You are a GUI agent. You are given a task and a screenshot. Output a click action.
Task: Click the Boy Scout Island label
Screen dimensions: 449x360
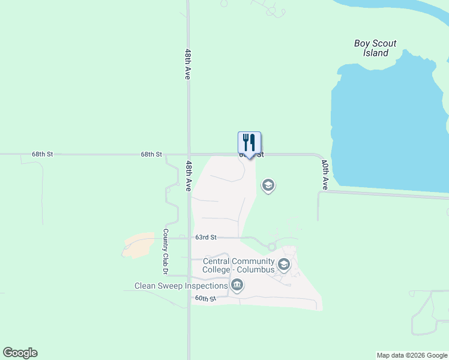pyautogui.click(x=375, y=48)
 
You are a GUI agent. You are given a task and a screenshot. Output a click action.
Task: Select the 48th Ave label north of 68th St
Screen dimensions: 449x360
pyautogui.click(x=188, y=65)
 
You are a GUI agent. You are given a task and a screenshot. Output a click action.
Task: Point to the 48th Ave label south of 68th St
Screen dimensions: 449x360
pyautogui.click(x=189, y=176)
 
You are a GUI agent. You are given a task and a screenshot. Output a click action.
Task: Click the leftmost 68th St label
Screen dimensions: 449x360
pyautogui.click(x=43, y=154)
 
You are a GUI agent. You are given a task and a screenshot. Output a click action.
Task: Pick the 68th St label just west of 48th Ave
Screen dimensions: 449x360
pyautogui.click(x=151, y=154)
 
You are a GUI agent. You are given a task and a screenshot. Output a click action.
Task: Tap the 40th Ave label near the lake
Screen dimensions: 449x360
pyautogui.click(x=325, y=175)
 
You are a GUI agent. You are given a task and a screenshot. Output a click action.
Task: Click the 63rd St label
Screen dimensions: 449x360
pyautogui.click(x=205, y=238)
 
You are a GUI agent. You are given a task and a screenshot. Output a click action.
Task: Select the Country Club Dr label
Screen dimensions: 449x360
pyautogui.click(x=164, y=248)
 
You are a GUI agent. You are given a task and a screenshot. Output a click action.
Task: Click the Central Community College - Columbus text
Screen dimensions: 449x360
pyautogui.click(x=238, y=265)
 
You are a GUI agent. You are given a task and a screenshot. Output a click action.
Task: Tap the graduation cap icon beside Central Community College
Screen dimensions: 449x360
pyautogui.click(x=283, y=265)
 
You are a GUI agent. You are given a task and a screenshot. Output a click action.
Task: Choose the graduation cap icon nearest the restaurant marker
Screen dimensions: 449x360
pyautogui.click(x=268, y=186)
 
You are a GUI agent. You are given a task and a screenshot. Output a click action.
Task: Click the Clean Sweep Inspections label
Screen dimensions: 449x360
pyautogui.click(x=181, y=286)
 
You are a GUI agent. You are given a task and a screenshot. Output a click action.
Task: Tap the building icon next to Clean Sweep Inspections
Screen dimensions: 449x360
pyautogui.click(x=237, y=285)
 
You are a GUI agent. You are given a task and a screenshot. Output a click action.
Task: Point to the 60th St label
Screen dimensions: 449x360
pyautogui.click(x=205, y=298)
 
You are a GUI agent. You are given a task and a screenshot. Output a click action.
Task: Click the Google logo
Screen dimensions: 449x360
pyautogui.click(x=20, y=353)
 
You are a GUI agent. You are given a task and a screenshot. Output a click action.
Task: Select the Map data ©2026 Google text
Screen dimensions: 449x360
pyautogui.click(x=411, y=355)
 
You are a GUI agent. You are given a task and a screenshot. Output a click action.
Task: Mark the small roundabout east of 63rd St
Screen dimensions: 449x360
pyautogui.click(x=272, y=247)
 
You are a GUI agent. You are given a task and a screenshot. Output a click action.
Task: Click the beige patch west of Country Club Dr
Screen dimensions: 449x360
pyautogui.click(x=138, y=245)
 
